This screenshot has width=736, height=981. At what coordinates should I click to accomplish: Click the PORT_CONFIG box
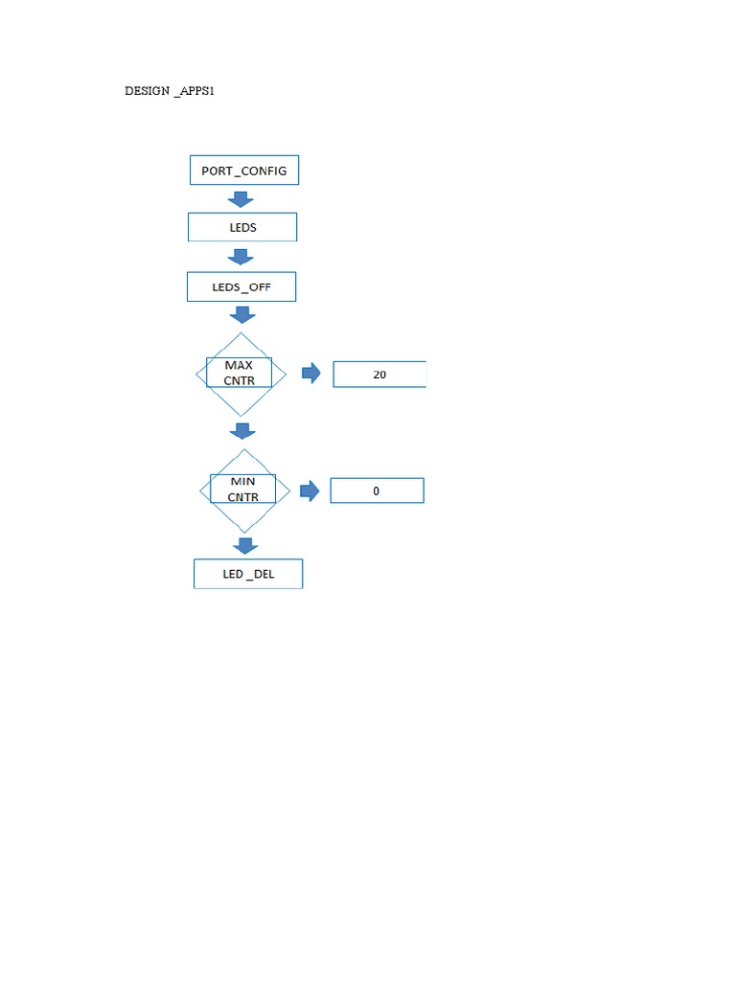click(x=244, y=171)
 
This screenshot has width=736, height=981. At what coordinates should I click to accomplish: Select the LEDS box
click(x=242, y=227)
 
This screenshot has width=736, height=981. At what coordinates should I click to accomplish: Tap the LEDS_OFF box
click(x=241, y=286)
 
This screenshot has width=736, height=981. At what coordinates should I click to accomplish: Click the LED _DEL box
click(x=248, y=574)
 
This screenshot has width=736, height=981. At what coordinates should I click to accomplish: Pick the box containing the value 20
click(x=379, y=375)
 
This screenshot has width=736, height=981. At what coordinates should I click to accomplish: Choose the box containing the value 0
click(x=377, y=490)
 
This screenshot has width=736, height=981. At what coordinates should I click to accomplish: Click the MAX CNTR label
click(x=240, y=373)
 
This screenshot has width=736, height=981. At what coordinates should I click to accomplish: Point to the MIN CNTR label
click(x=242, y=489)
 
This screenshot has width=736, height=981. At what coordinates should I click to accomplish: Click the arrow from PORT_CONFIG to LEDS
click(x=241, y=199)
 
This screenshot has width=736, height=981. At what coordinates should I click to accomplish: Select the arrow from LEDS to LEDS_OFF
click(x=241, y=257)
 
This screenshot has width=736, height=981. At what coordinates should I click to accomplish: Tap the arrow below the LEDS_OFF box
click(x=242, y=314)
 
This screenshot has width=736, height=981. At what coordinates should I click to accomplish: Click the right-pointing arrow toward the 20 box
click(x=311, y=374)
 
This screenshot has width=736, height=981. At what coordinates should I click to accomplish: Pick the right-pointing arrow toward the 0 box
click(x=309, y=490)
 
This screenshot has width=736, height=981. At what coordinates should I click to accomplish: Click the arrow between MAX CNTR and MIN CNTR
click(x=243, y=431)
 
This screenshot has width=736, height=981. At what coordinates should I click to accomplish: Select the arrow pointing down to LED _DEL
click(x=245, y=545)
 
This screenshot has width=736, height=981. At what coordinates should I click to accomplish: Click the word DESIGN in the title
click(x=147, y=91)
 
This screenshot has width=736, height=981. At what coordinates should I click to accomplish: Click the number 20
click(x=379, y=375)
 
